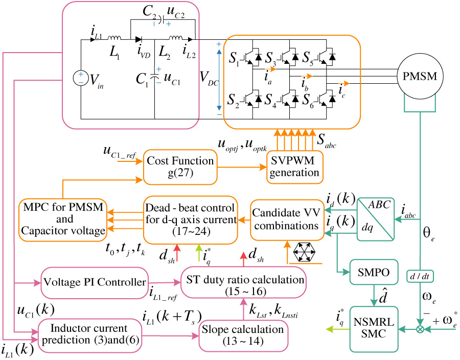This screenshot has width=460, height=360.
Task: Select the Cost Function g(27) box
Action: pos(179,166)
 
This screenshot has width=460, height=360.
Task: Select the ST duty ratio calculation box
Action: pos(243,284)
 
